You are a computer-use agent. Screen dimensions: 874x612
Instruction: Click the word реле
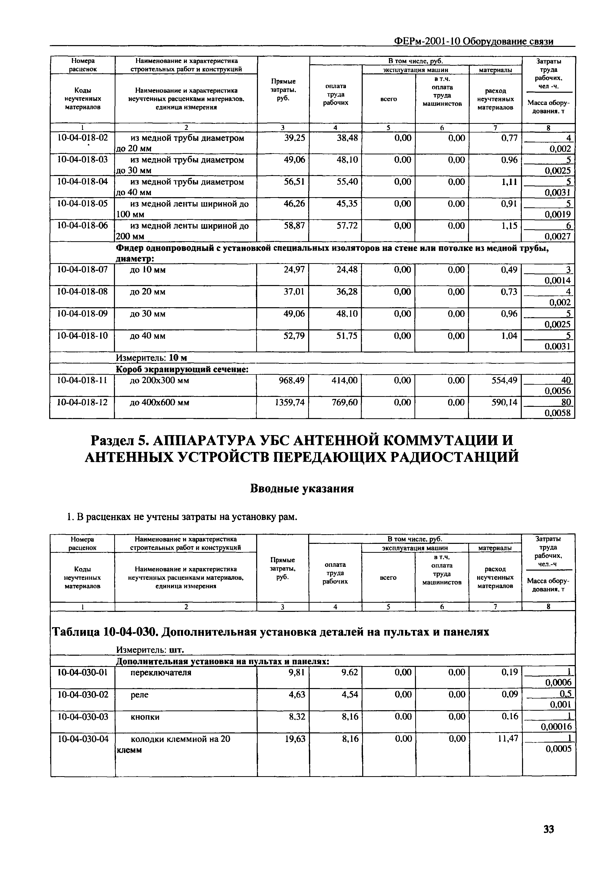click(139, 695)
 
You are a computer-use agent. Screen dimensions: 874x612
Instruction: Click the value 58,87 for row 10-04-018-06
click(294, 226)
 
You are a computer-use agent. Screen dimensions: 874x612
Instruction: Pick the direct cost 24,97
click(294, 270)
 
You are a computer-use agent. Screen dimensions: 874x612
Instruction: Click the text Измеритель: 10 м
click(151, 358)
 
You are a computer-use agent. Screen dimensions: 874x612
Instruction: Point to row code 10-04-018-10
click(82, 336)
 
